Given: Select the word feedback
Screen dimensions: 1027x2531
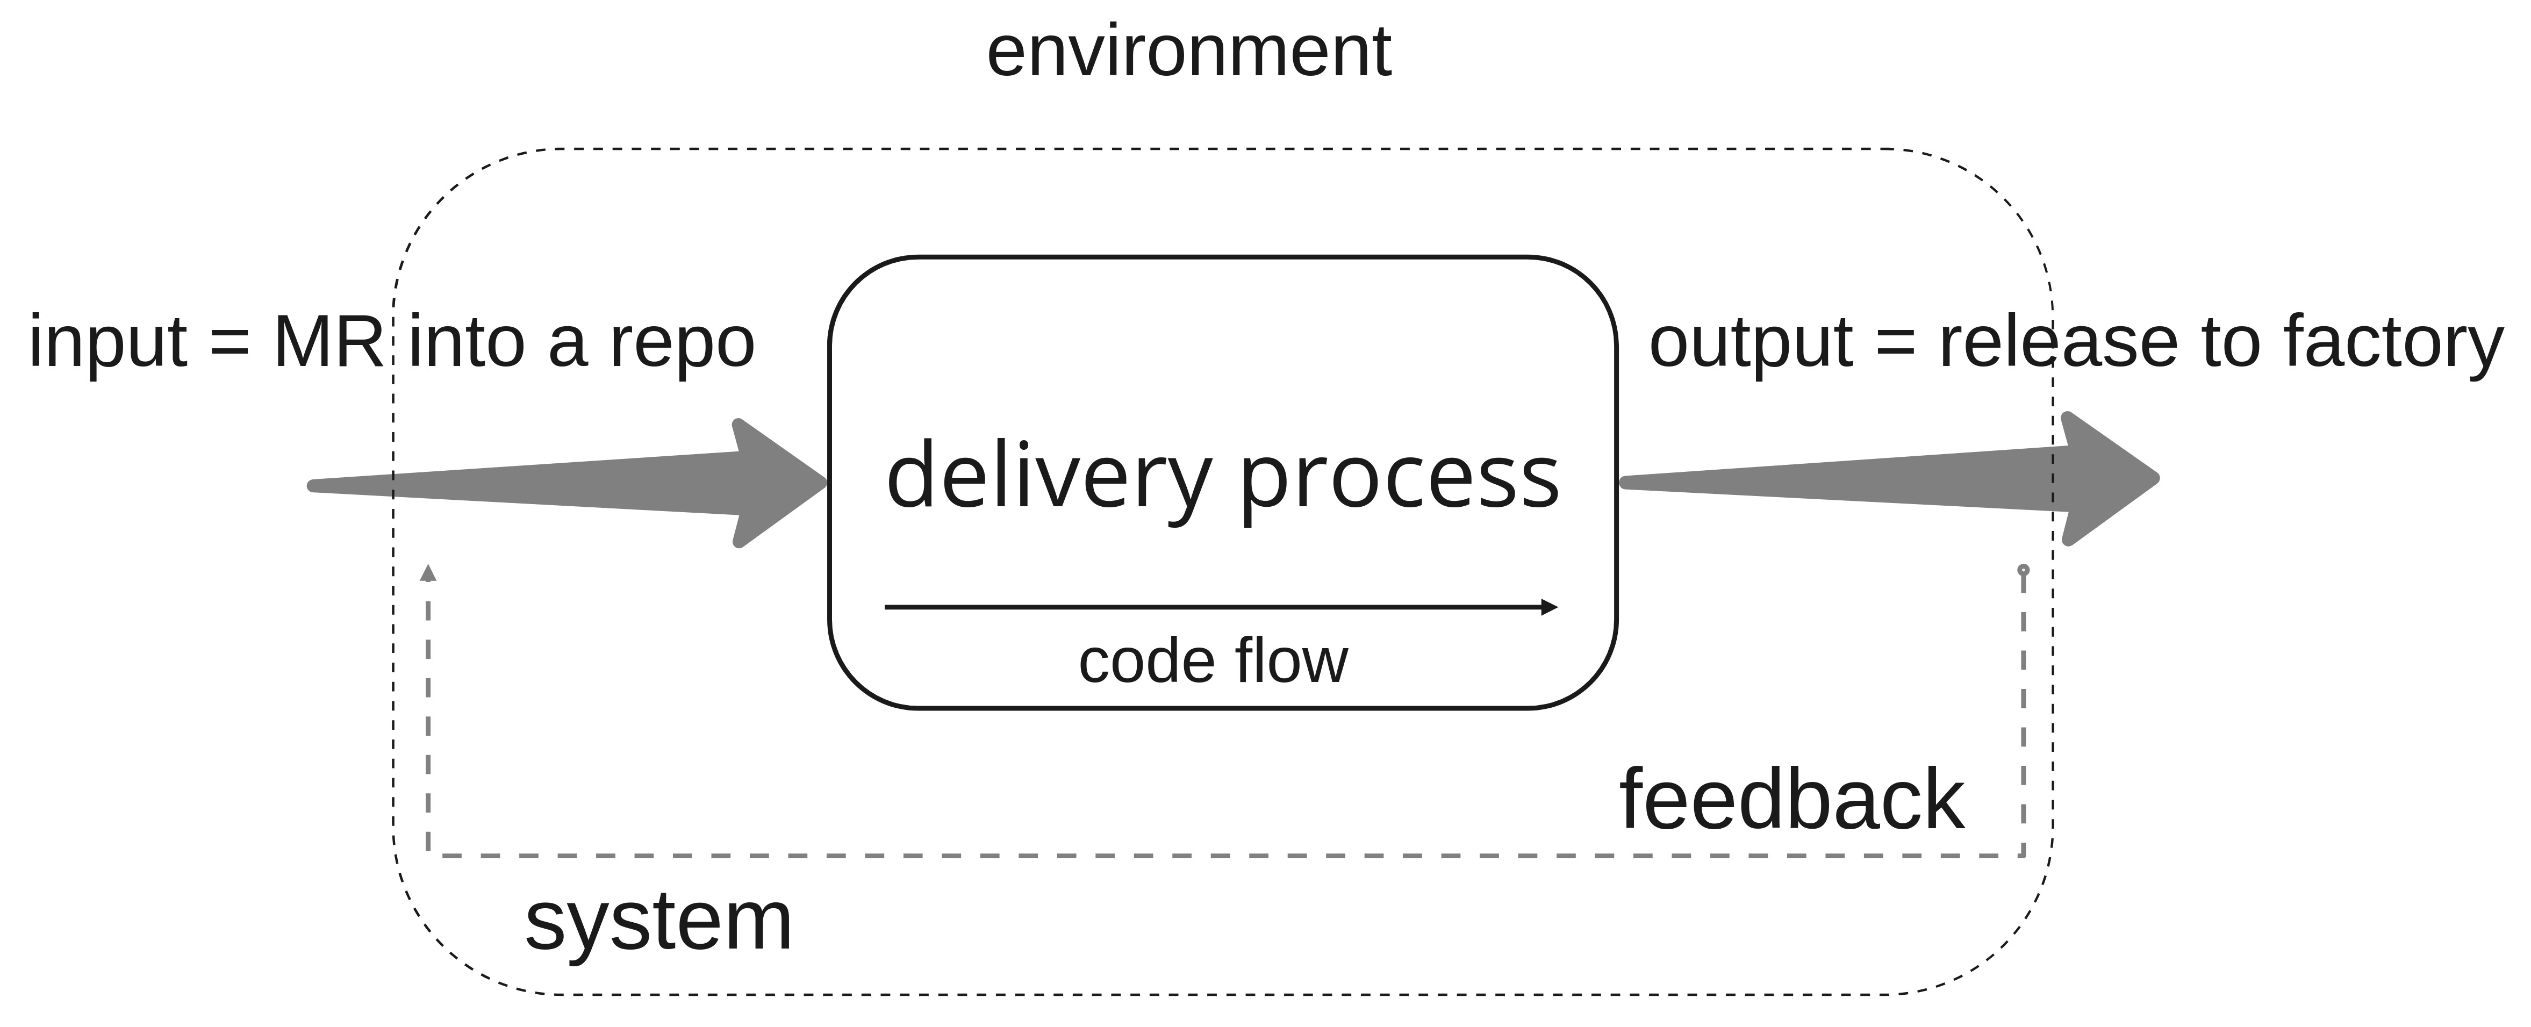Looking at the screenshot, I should pos(1791,801).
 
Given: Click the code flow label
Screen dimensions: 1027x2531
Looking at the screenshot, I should pos(1214,662).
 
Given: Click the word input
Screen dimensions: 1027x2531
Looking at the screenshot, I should pos(108,344).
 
